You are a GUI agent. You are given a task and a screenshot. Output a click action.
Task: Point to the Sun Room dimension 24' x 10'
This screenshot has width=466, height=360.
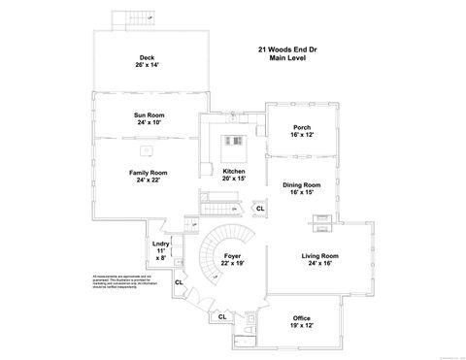tap(149, 123)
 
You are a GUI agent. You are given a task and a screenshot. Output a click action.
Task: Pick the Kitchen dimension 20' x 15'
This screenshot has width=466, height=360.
tap(233, 180)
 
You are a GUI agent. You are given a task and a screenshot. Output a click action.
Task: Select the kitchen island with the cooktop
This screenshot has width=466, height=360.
tap(234, 148)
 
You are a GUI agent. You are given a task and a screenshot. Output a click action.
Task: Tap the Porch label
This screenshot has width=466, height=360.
tap(301, 128)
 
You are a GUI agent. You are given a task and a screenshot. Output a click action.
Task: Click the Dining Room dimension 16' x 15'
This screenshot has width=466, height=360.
tap(301, 192)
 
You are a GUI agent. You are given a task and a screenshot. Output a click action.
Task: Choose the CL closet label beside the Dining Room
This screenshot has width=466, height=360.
tap(259, 208)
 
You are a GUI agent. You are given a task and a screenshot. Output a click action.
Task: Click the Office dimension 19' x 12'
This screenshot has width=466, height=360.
tap(301, 326)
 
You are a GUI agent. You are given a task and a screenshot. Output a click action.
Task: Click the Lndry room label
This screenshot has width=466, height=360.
tap(161, 244)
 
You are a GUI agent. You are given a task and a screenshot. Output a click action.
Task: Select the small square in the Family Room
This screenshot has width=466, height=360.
tap(145, 151)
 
